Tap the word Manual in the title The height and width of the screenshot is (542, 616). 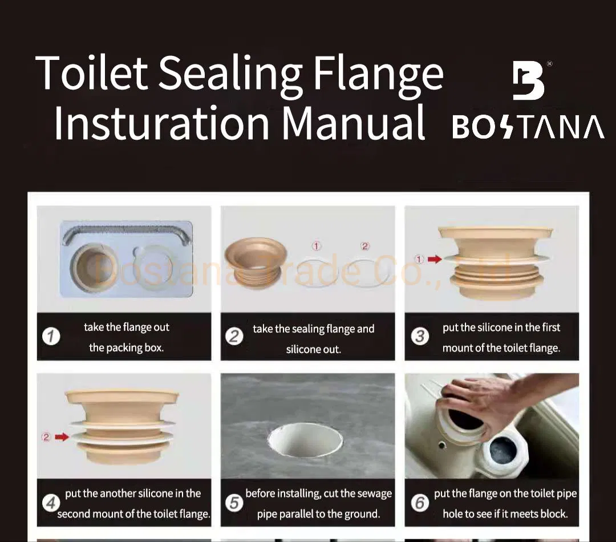[x=354, y=122]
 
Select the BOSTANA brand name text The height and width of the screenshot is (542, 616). [x=528, y=127]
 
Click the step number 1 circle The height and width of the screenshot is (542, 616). [x=51, y=337]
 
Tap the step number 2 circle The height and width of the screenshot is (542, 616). [x=234, y=337]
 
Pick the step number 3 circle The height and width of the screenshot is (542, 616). [x=420, y=336]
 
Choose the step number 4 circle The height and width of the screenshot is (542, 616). [x=51, y=503]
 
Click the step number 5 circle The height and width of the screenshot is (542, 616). [x=234, y=503]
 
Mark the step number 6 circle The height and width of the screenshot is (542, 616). [x=420, y=503]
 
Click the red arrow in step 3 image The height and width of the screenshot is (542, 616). [x=435, y=260]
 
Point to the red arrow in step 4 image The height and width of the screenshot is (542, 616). [x=62, y=438]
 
